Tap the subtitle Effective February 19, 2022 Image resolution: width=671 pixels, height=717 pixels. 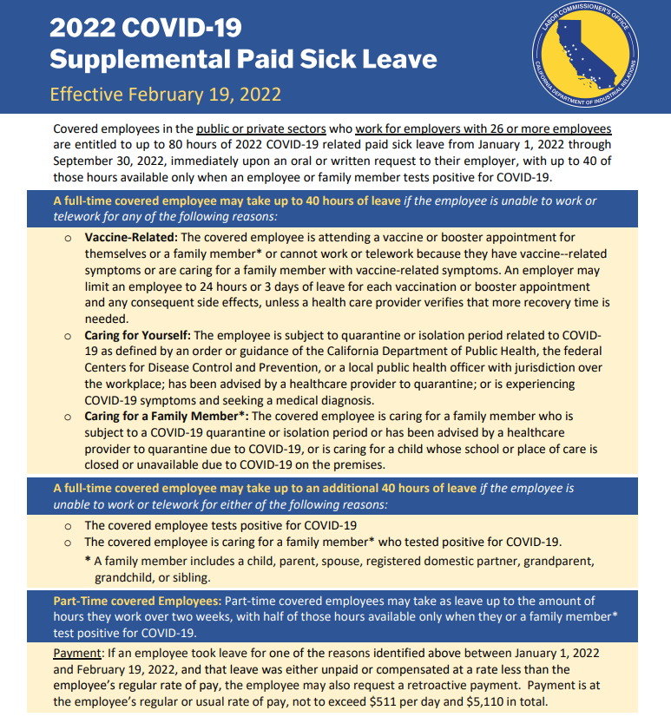(x=165, y=94)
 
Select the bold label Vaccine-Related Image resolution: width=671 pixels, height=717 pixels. (x=133, y=237)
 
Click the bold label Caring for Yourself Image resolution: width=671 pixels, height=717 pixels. (x=137, y=335)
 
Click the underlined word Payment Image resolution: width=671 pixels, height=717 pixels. (x=77, y=652)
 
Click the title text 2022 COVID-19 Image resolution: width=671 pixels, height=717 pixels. (x=145, y=28)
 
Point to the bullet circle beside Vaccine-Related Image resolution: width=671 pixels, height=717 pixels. (x=68, y=238)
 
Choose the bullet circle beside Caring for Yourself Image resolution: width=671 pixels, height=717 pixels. (x=68, y=336)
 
